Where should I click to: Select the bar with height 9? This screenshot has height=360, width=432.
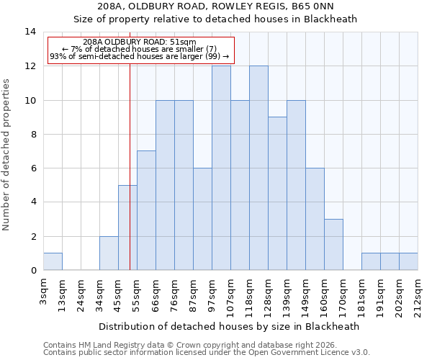277,194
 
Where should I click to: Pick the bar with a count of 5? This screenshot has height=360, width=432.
127,228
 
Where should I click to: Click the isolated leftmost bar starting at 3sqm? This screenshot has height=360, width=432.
53,261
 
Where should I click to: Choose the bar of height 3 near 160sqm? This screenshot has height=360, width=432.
333,245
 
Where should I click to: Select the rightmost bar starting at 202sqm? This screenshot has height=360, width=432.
408,261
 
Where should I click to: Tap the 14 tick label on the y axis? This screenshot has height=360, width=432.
30,32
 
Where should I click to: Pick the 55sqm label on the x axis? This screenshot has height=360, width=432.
138,292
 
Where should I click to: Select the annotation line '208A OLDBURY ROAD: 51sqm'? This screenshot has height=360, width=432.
140,42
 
